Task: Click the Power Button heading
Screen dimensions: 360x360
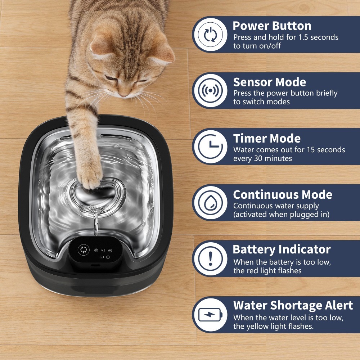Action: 272,26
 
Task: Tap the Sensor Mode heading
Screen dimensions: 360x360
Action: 270,82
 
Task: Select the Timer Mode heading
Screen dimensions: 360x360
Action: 267,139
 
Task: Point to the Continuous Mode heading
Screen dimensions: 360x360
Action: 283,194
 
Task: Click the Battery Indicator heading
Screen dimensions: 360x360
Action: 282,249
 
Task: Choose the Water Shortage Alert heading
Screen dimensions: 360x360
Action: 293,305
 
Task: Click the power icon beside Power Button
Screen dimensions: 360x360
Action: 210,35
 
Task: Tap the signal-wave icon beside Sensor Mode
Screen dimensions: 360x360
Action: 210,91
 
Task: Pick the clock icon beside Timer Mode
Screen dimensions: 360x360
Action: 210,147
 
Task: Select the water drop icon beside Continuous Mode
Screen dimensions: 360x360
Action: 210,202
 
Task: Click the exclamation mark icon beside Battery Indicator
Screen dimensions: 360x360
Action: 210,258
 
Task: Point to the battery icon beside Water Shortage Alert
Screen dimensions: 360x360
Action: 210,315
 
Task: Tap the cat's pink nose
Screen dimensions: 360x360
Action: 123,94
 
